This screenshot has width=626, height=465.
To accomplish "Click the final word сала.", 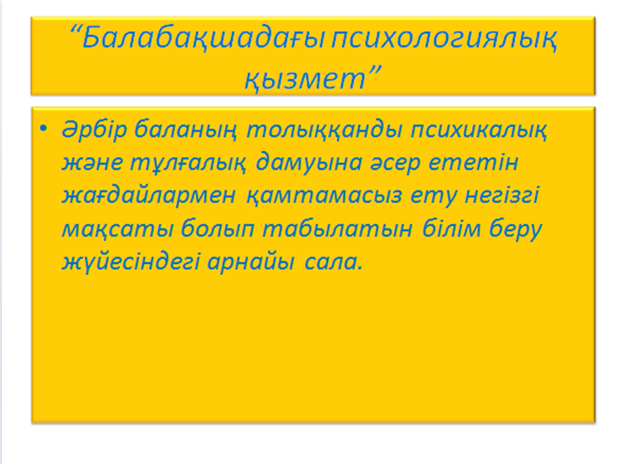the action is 334,263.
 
